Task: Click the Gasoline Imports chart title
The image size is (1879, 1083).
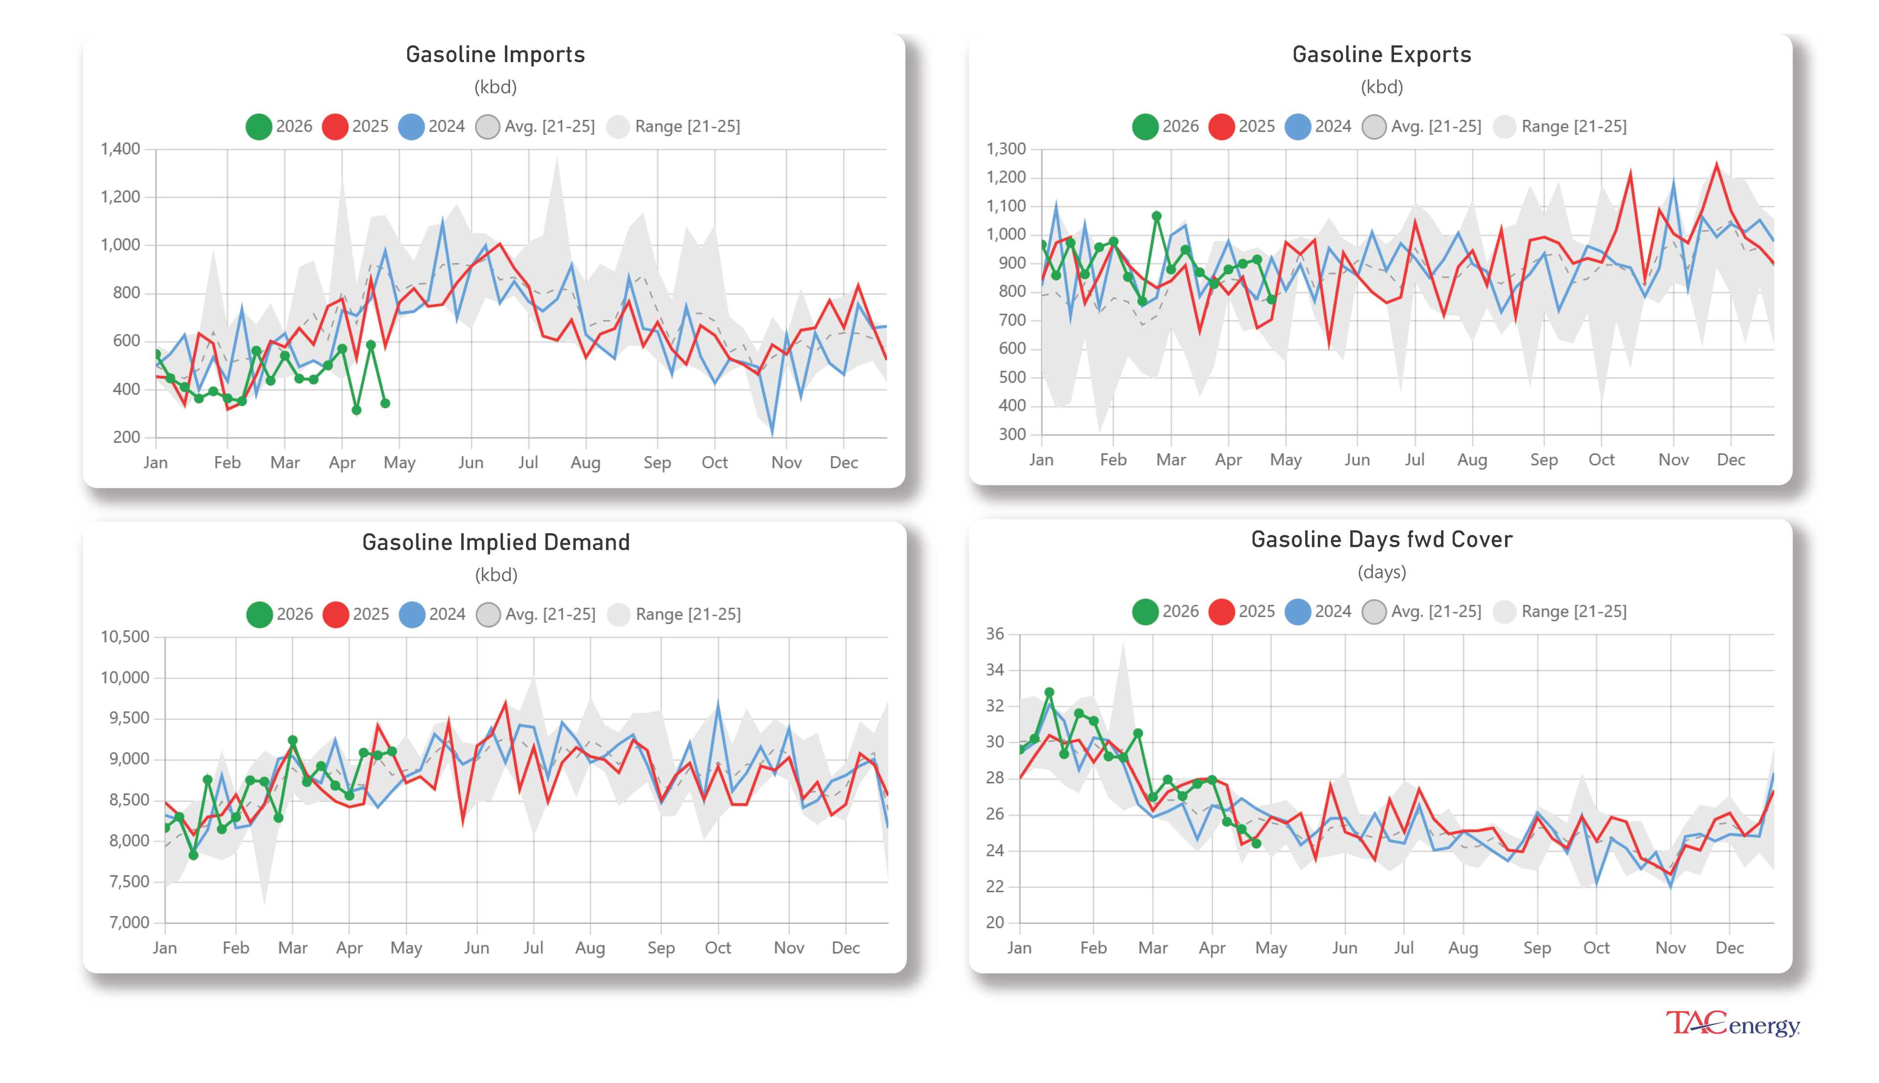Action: [x=495, y=54]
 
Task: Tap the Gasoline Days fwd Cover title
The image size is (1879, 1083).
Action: [x=1381, y=539]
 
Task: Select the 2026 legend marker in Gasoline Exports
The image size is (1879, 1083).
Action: [x=1145, y=126]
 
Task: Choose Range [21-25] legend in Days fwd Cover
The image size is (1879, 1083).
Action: [x=1560, y=611]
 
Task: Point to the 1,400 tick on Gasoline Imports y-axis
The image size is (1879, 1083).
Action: [x=120, y=149]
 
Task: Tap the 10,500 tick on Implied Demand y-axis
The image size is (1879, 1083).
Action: [x=125, y=637]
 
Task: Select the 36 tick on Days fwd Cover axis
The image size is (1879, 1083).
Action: [x=994, y=634]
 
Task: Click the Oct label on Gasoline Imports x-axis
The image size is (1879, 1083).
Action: [x=714, y=462]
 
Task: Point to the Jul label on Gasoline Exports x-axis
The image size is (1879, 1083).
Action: [x=1414, y=460]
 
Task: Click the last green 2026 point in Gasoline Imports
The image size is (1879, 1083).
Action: [x=385, y=403]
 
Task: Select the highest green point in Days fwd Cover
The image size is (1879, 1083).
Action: [x=1049, y=692]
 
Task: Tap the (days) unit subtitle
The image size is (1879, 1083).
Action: [x=1381, y=572]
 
